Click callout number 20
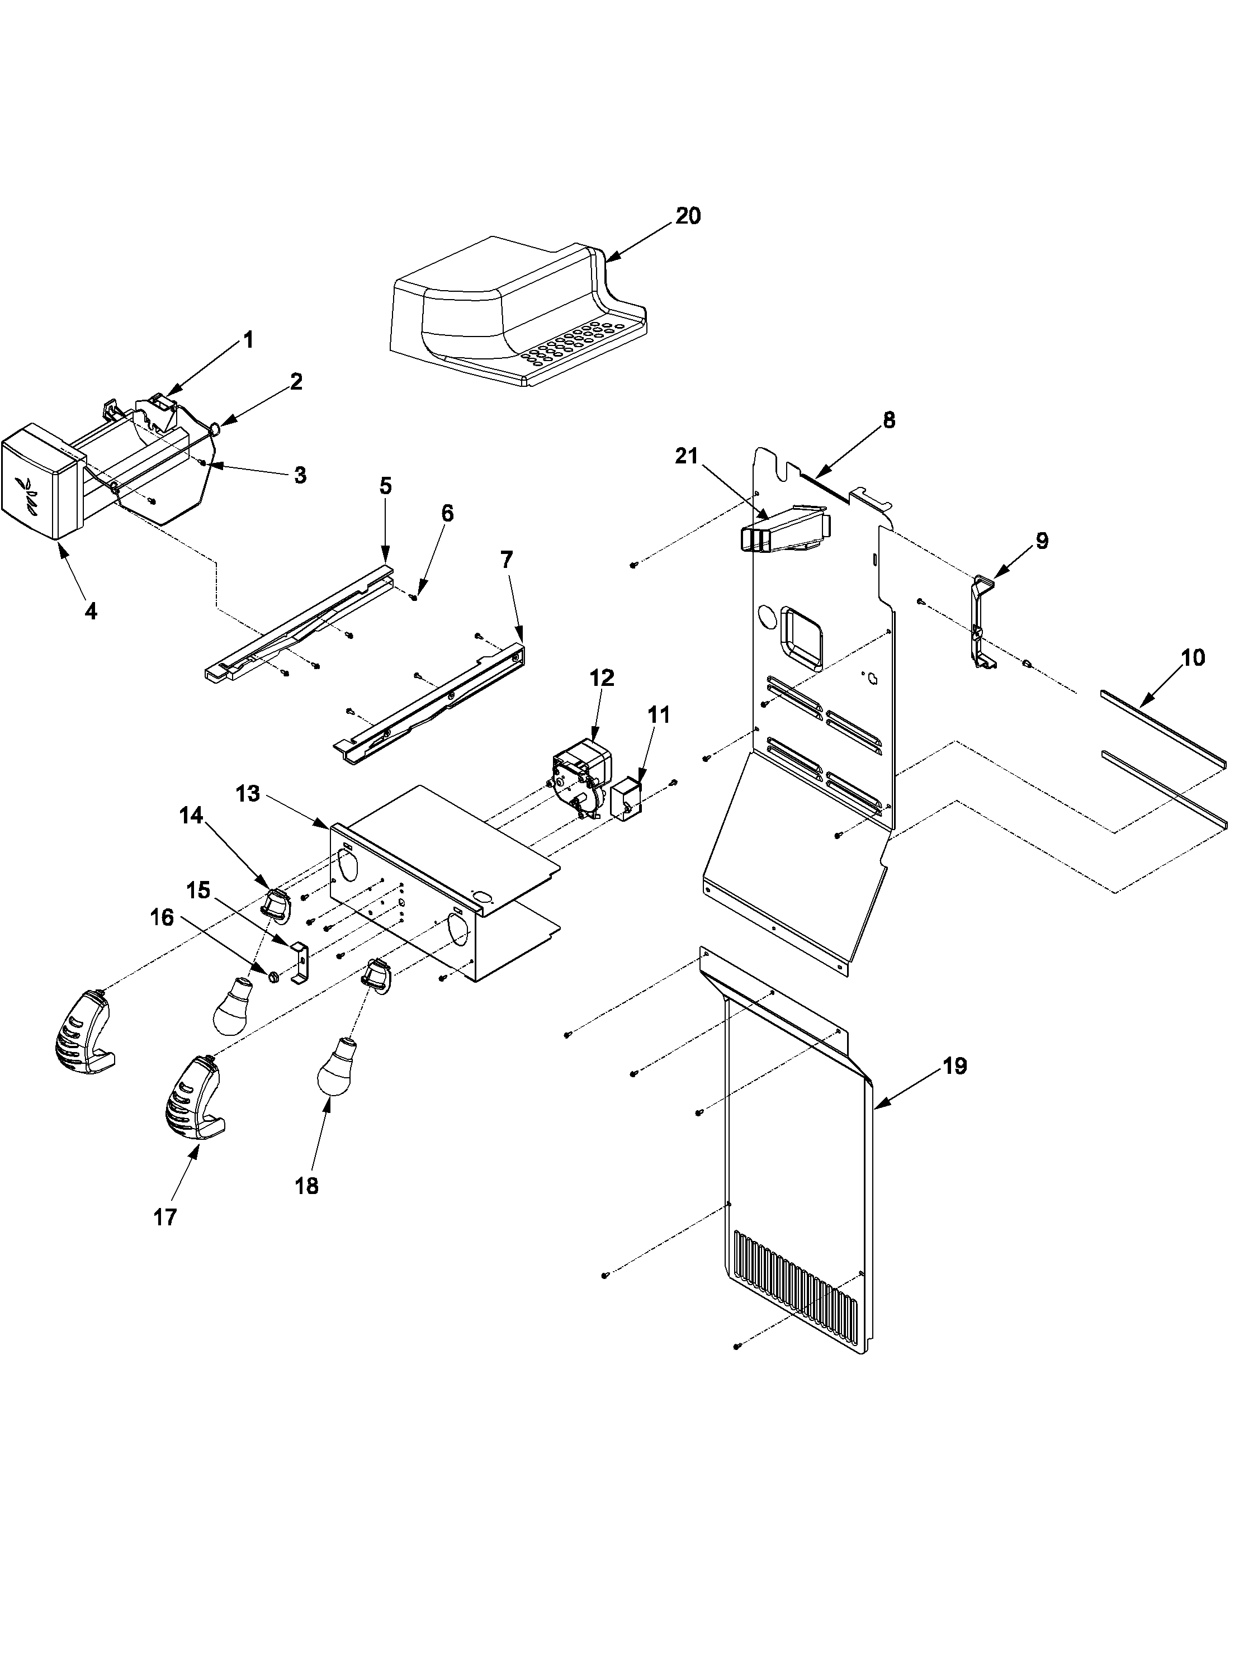(688, 216)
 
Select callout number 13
(247, 794)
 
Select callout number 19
(956, 1066)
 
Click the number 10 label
(1193, 657)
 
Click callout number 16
(162, 918)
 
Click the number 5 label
(385, 486)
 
